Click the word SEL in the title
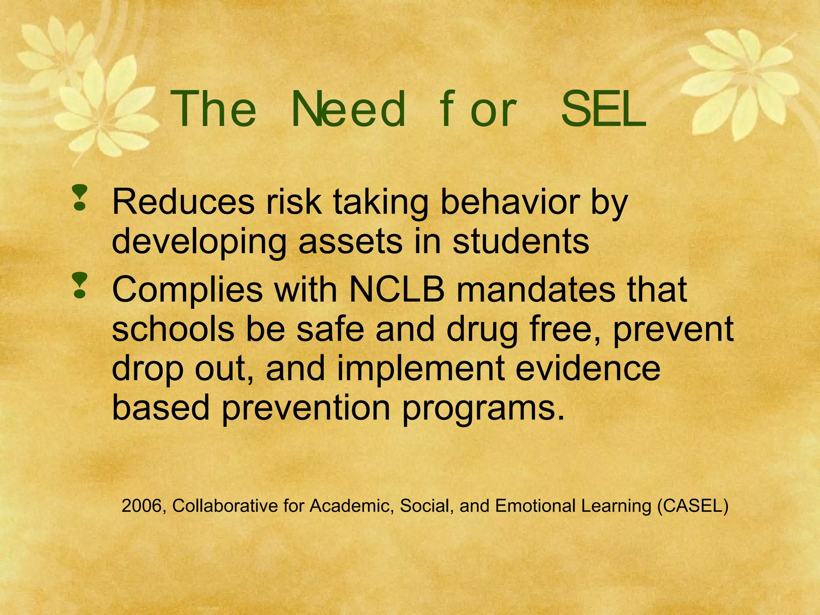click(603, 109)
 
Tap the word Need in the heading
click(348, 109)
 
